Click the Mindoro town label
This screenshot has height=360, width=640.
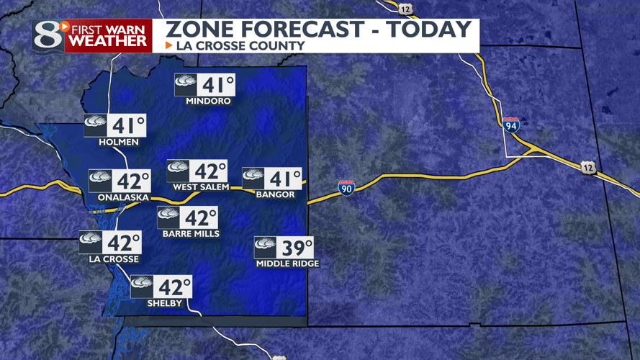click(x=208, y=102)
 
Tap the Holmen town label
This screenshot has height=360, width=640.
click(x=119, y=142)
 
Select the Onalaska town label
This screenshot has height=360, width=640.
click(x=120, y=197)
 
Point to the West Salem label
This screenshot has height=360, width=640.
click(x=201, y=187)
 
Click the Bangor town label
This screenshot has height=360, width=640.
click(x=275, y=194)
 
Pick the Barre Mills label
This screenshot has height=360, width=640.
click(x=191, y=234)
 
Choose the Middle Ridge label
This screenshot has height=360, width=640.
click(x=287, y=264)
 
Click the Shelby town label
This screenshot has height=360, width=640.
click(x=164, y=303)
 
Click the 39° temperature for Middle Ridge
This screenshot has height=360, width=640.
click(x=296, y=248)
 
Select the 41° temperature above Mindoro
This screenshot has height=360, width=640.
click(x=215, y=85)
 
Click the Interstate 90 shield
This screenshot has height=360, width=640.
click(x=346, y=188)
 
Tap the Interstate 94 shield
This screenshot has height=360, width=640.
click(x=511, y=125)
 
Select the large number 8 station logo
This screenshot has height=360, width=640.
click(x=48, y=35)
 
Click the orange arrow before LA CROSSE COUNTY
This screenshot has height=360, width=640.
click(x=169, y=45)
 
